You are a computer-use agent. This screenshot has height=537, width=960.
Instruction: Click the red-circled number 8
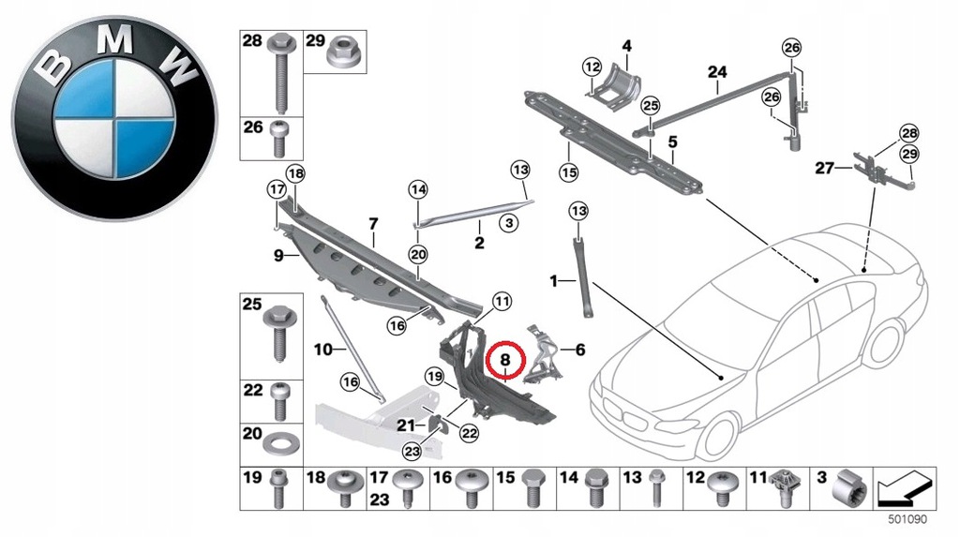click(x=505, y=359)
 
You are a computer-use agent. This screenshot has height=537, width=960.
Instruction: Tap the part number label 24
click(x=717, y=72)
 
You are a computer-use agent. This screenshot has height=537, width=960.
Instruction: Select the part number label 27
click(x=824, y=170)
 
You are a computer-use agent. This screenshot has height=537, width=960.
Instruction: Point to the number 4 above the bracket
click(x=626, y=45)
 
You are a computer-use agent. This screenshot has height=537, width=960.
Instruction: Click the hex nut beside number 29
click(x=340, y=58)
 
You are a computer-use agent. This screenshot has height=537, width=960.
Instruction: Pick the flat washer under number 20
click(x=279, y=442)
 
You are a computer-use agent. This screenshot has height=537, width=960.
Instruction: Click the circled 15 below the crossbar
click(x=566, y=172)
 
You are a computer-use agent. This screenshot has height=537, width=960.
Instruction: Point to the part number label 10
click(x=323, y=351)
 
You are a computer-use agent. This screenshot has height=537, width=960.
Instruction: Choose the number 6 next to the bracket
click(x=579, y=351)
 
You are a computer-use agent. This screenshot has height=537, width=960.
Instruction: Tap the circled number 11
click(x=502, y=302)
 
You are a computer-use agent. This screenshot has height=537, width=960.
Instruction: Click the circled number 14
click(x=417, y=190)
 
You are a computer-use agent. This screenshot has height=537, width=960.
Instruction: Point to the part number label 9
click(x=278, y=254)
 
